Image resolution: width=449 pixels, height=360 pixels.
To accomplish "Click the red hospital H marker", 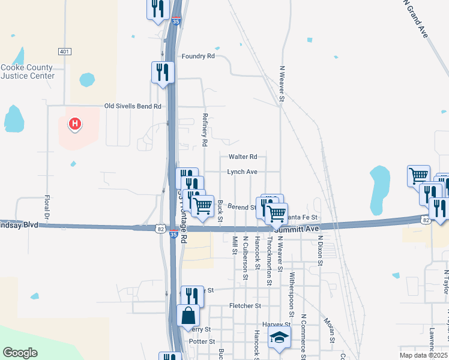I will [x=75, y=124].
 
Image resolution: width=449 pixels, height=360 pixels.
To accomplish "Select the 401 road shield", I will [x=64, y=51].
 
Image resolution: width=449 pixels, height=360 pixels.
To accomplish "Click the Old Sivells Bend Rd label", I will [x=133, y=106].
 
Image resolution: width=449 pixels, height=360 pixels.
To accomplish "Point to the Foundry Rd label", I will [x=198, y=56].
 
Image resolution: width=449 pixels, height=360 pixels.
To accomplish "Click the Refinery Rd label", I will [x=205, y=130].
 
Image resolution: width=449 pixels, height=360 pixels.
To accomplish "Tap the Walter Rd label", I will [x=243, y=157].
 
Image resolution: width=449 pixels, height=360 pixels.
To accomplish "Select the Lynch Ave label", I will [x=242, y=172].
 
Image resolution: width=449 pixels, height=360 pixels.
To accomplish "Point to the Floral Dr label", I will [x=46, y=206].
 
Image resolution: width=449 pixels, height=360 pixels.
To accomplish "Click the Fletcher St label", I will [x=246, y=306].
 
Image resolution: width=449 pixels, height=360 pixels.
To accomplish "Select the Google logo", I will [x=20, y=353].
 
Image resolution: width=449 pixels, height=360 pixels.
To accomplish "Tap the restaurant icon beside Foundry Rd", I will [x=163, y=73].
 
